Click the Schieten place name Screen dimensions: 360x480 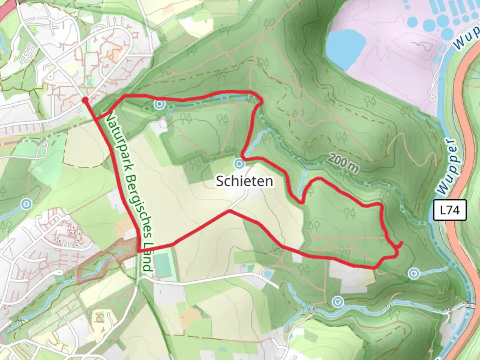tap(245, 181)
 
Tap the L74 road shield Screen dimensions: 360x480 tap(450, 210)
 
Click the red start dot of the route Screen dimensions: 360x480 tap(85, 100)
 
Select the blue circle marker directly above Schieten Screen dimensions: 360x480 tap(239, 164)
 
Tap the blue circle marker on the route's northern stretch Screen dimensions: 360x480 tap(160, 104)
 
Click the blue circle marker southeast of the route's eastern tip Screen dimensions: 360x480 tap(414, 273)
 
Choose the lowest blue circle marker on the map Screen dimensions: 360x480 tap(338, 302)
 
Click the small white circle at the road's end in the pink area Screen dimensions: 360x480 tap(432, 98)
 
